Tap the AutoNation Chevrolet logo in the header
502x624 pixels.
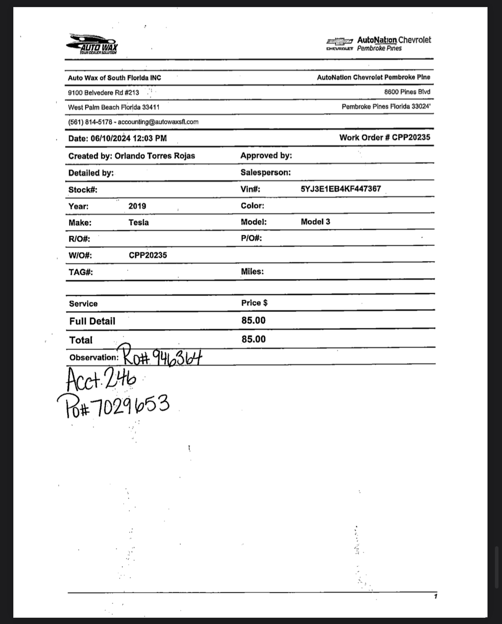[378, 44]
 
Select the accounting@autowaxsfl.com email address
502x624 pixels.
[158, 122]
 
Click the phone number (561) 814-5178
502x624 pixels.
[90, 122]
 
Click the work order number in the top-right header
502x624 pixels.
[411, 138]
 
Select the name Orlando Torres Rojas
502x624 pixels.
[155, 156]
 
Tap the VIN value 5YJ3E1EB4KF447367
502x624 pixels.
[341, 189]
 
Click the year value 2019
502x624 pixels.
[137, 206]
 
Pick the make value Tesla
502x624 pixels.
[138, 222]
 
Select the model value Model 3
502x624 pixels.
[315, 222]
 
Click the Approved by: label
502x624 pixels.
[266, 156]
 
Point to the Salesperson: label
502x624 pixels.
[265, 172]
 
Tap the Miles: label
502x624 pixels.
[252, 272]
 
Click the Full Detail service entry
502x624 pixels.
[92, 321]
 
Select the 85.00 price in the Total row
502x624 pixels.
[253, 339]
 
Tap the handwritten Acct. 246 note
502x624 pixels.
[101, 379]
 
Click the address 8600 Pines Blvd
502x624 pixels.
[407, 92]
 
